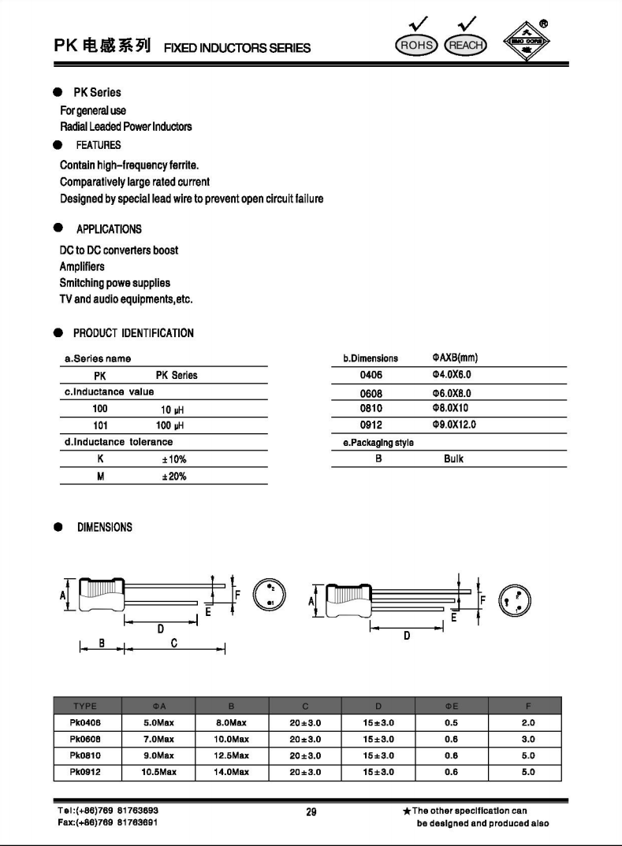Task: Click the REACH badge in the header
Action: pos(465,45)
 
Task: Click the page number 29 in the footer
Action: pos(311,813)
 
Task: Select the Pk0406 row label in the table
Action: pos(84,722)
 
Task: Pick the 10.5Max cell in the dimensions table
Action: pos(158,772)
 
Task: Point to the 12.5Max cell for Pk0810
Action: pos(232,755)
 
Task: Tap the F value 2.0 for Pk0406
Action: pos(527,722)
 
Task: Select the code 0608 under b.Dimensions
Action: pos(371,393)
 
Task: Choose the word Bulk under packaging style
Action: pos(453,458)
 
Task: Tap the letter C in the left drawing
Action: pos(173,644)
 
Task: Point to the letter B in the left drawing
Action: pos(102,644)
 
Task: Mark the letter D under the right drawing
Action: pos(407,636)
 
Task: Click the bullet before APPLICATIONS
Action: pos(58,228)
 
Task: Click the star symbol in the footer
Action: pos(406,811)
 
